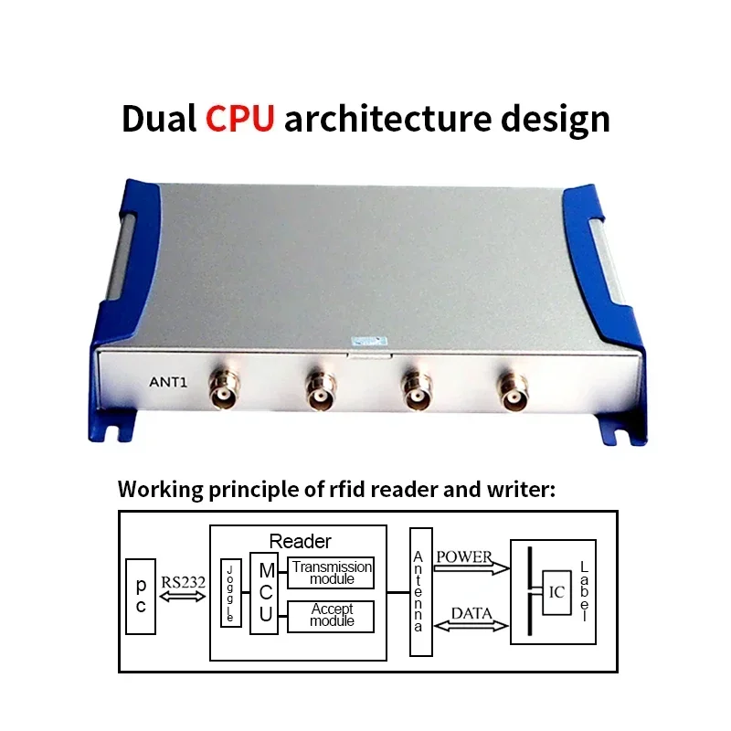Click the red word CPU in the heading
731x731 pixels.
pyautogui.click(x=239, y=118)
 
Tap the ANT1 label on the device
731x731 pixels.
pyautogui.click(x=168, y=382)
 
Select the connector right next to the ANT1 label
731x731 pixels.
pyautogui.click(x=224, y=389)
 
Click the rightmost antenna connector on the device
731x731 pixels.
pyautogui.click(x=513, y=392)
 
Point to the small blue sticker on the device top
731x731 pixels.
pyautogui.click(x=369, y=341)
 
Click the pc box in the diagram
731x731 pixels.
pyautogui.click(x=141, y=597)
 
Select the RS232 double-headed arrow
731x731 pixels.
pyautogui.click(x=182, y=597)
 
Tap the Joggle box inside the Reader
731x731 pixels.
pyautogui.click(x=231, y=592)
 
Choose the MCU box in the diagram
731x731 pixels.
pyautogui.click(x=264, y=593)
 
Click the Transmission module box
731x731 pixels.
pyautogui.click(x=331, y=573)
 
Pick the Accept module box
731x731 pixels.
pyautogui.click(x=331, y=616)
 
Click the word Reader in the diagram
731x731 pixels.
pyautogui.click(x=300, y=541)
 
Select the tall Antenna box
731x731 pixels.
pyautogui.click(x=421, y=592)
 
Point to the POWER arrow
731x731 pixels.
pyautogui.click(x=471, y=568)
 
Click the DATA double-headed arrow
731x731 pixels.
pyautogui.click(x=471, y=626)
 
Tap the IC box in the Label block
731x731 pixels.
pyautogui.click(x=556, y=592)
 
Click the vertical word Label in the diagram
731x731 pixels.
pyautogui.click(x=584, y=591)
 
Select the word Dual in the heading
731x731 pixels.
pyautogui.click(x=158, y=119)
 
